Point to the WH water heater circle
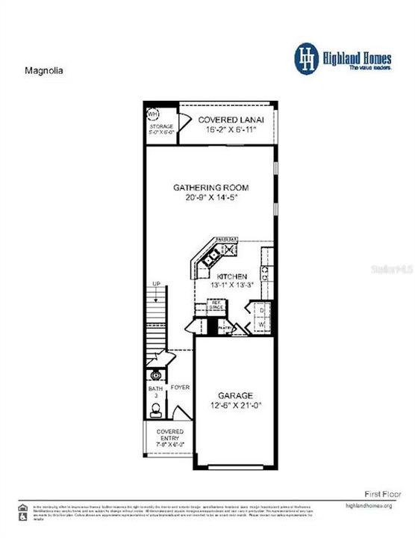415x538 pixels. [155, 115]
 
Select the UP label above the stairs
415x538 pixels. [155, 284]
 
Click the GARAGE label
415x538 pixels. [235, 395]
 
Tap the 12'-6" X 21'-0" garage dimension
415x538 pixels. [235, 406]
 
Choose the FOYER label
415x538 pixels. [180, 388]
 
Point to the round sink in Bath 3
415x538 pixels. [156, 374]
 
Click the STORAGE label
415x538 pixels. [160, 127]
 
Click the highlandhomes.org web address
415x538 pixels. [369, 506]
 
